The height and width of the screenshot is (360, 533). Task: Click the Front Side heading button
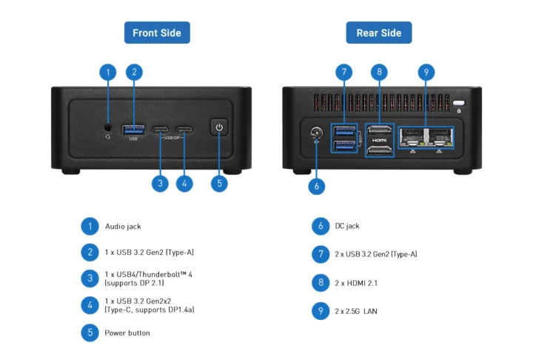point(157,33)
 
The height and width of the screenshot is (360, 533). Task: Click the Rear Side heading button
point(378,33)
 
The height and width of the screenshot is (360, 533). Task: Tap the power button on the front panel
point(218,127)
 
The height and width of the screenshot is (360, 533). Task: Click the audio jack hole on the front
point(108,127)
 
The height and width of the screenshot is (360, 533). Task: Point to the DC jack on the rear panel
point(316,134)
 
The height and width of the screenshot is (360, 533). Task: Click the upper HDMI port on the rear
point(379,129)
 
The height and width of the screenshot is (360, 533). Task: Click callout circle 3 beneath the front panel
point(159,183)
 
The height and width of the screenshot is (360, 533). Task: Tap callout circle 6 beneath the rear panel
point(316,186)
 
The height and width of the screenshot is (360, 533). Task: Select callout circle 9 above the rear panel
point(425,72)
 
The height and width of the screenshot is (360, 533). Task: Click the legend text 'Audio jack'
point(123,226)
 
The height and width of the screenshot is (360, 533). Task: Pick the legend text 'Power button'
point(127,333)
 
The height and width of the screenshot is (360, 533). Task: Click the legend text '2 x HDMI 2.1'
point(356,282)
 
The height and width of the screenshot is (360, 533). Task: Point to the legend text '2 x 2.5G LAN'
point(356,311)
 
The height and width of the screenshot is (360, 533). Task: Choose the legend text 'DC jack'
point(347,226)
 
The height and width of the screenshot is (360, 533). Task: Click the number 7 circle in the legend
point(320,254)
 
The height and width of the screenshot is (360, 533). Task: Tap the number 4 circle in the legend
point(90,304)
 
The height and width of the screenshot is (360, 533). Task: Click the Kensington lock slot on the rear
point(459,103)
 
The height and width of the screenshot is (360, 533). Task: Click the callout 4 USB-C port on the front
point(184,131)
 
